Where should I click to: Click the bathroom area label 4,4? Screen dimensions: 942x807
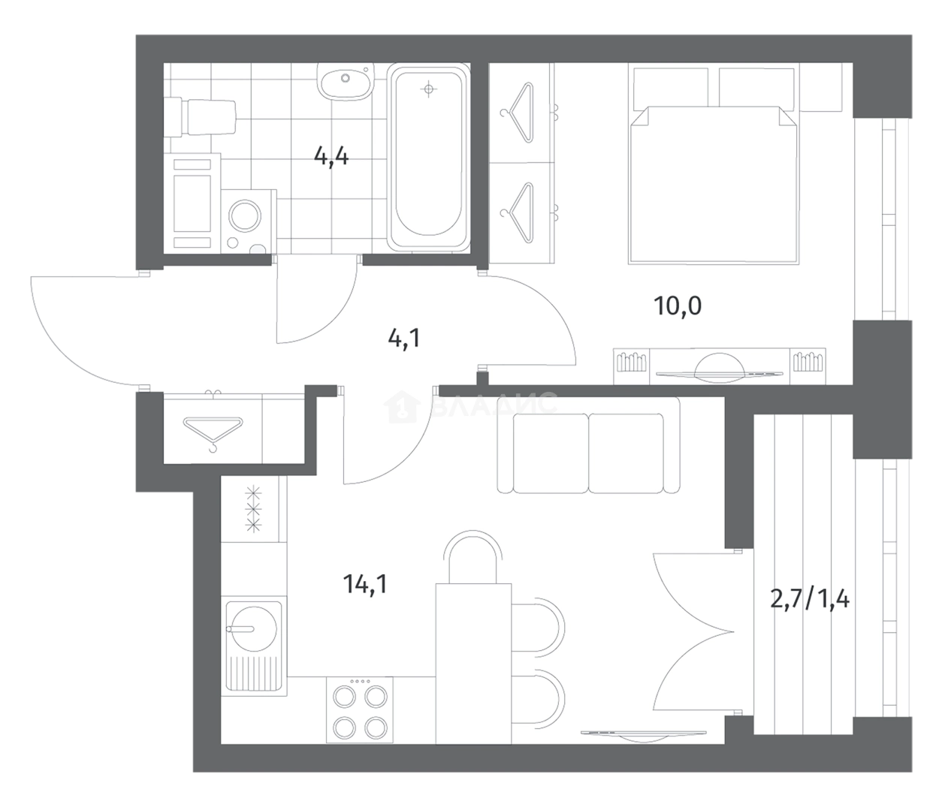pyautogui.click(x=331, y=157)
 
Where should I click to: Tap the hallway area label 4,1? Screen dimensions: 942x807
pyautogui.click(x=404, y=338)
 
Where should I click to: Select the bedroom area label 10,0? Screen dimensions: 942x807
pyautogui.click(x=678, y=306)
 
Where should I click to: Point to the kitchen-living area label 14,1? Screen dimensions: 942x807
pyautogui.click(x=365, y=584)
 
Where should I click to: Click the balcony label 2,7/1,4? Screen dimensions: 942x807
pyautogui.click(x=809, y=599)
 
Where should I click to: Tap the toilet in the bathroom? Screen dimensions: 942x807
pyautogui.click(x=200, y=117)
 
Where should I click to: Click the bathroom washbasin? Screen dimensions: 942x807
pyautogui.click(x=346, y=81)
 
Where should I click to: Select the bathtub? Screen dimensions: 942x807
pyautogui.click(x=428, y=156)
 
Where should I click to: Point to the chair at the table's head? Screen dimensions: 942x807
pyautogui.click(x=473, y=556)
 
